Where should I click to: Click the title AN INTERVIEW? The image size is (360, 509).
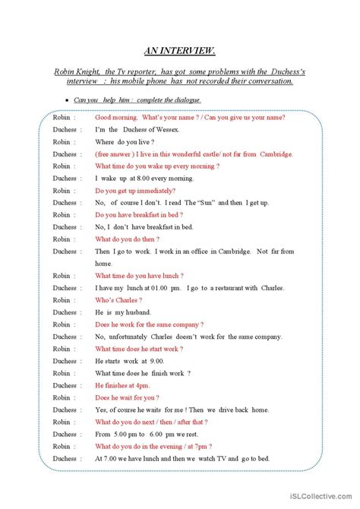(x=179, y=51)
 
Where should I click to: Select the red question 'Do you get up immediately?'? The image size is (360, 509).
(x=135, y=190)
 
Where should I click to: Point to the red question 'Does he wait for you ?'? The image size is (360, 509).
(x=127, y=397)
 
